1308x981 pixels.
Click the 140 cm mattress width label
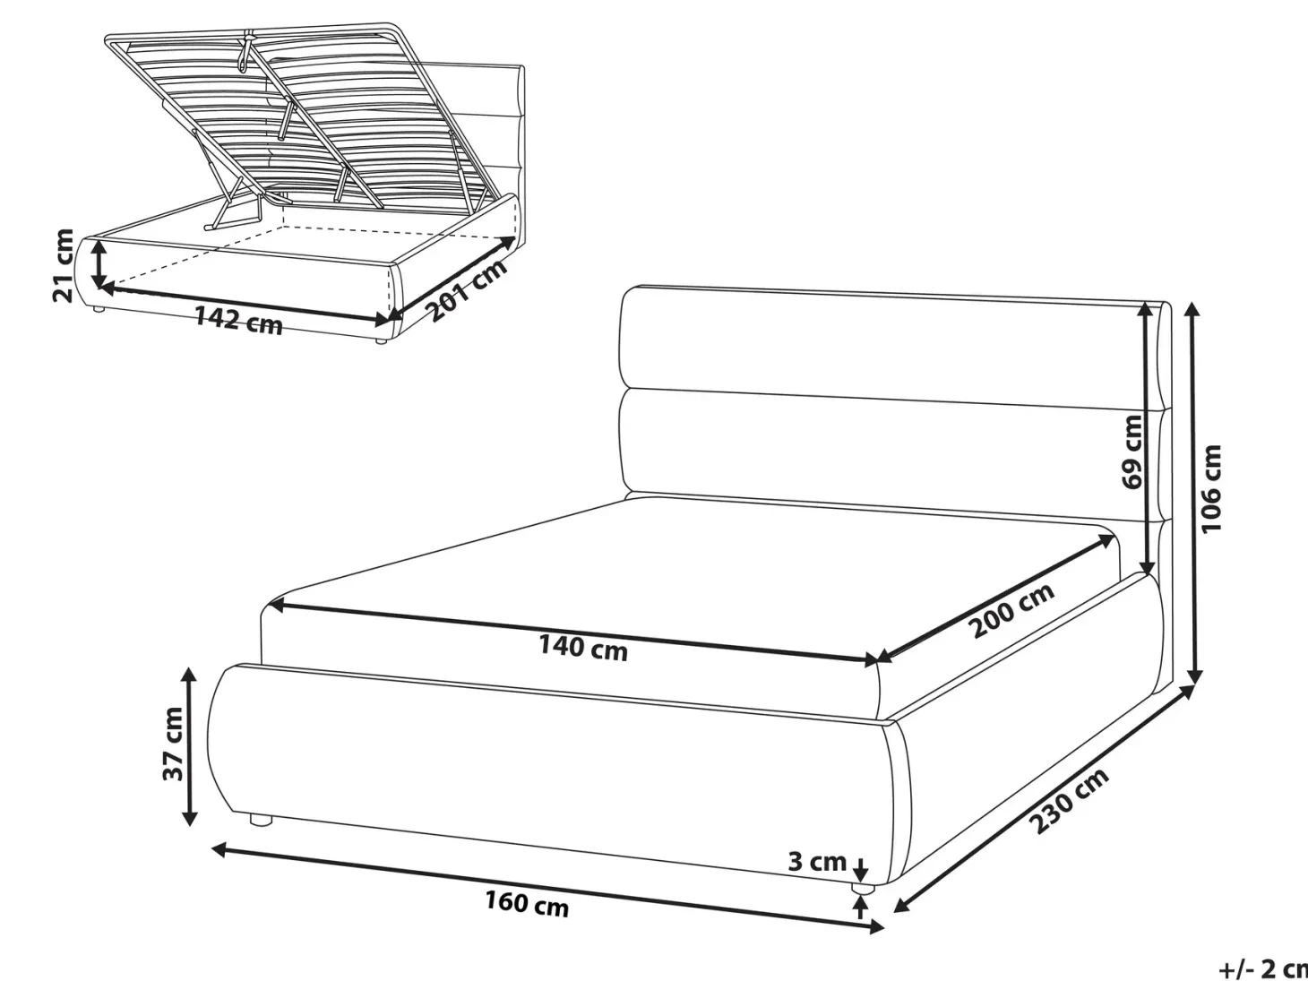click(x=583, y=648)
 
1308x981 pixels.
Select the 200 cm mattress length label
click(x=1011, y=609)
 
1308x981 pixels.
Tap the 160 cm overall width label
click(x=527, y=906)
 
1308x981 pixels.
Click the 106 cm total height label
click(x=1211, y=488)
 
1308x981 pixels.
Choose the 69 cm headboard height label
click(x=1132, y=452)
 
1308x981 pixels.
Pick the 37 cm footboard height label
click(x=173, y=744)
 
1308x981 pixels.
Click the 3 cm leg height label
click(x=817, y=861)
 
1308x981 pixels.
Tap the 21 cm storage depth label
click(x=64, y=265)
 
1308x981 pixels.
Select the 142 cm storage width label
click(x=238, y=321)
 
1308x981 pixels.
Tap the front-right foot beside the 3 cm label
click(x=862, y=888)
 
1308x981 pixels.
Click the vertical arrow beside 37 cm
click(x=189, y=746)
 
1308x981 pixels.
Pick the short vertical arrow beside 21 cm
click(x=99, y=263)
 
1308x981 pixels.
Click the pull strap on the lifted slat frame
click(x=245, y=55)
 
